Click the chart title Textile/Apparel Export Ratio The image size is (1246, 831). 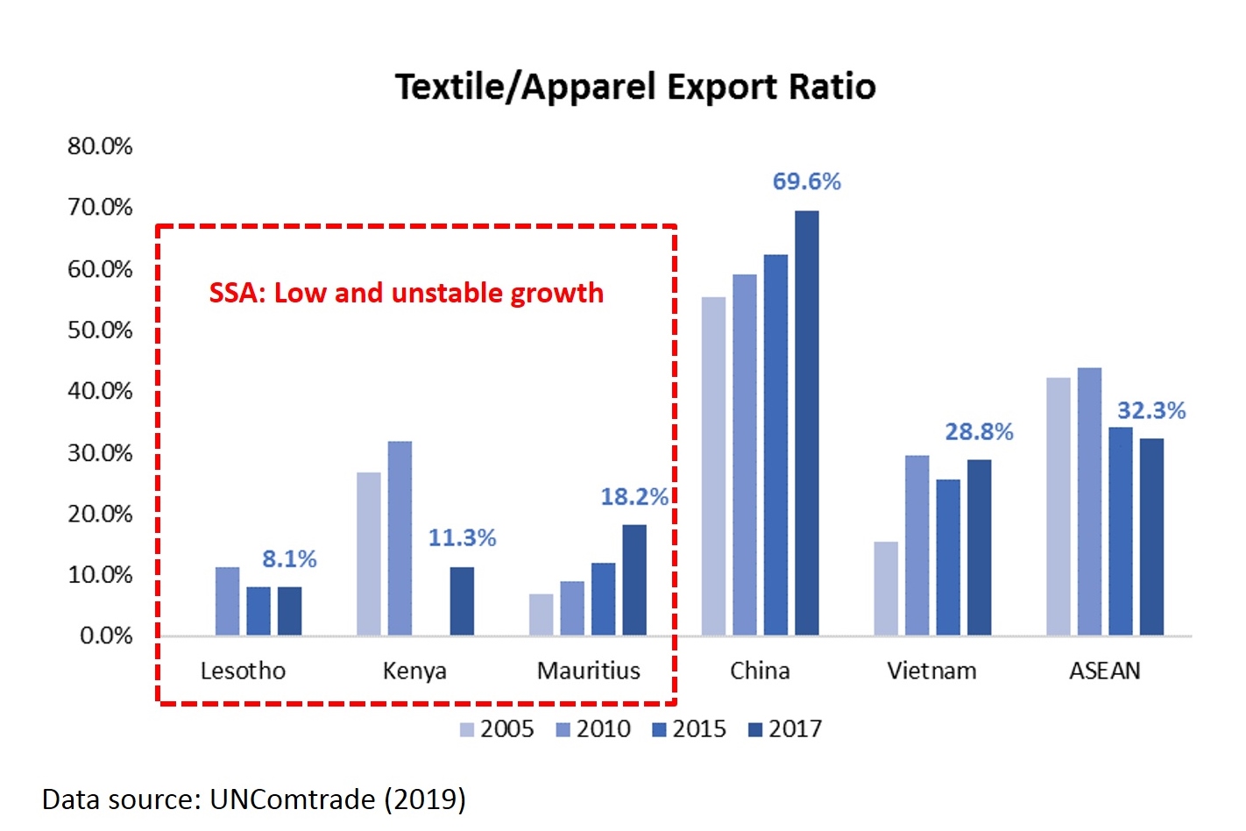point(635,87)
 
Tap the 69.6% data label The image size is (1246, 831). point(806,181)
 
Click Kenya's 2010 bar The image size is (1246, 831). point(400,538)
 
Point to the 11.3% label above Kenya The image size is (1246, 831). point(462,537)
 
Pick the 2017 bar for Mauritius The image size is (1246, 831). point(634,579)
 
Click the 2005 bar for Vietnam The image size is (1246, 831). point(886,588)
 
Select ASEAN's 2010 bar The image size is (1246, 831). point(1089,501)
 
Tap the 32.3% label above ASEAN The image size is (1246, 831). point(1150,410)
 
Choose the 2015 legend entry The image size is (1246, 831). point(690,729)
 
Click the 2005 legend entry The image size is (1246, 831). point(497,729)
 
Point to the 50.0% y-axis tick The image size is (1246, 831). point(100,330)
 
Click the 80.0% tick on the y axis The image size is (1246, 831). point(100,146)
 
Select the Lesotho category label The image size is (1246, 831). point(243,671)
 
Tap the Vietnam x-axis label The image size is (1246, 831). point(931,671)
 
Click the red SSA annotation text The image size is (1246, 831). point(406,293)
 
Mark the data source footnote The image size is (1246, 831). point(254,799)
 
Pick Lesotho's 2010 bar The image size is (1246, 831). point(227,601)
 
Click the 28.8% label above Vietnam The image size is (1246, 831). point(979,431)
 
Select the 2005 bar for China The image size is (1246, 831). point(713,466)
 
